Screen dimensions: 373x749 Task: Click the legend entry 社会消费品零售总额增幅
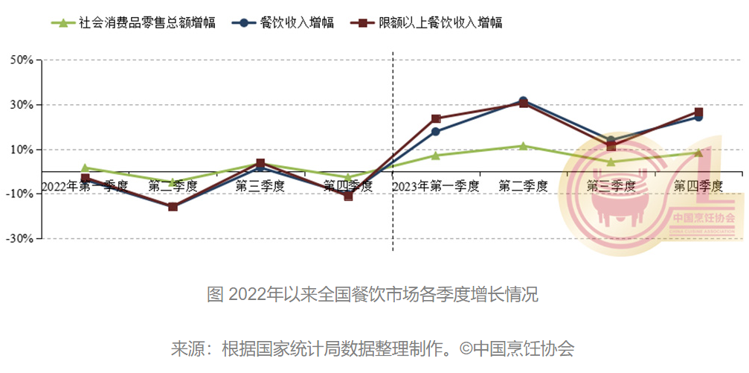[x=134, y=23]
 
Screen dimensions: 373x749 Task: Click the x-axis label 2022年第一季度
[x=86, y=185]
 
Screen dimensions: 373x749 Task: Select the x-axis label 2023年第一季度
[x=436, y=185]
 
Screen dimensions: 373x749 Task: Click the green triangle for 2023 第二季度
[x=524, y=146]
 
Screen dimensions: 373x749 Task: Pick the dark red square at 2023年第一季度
[x=436, y=118]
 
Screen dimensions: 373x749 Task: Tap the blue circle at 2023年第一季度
[x=436, y=133]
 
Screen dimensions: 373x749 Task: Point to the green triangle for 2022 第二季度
[x=173, y=182]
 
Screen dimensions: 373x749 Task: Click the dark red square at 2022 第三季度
[x=260, y=163]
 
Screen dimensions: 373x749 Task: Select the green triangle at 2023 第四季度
[x=698, y=153]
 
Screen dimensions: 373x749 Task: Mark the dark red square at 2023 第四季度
[x=698, y=112]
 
